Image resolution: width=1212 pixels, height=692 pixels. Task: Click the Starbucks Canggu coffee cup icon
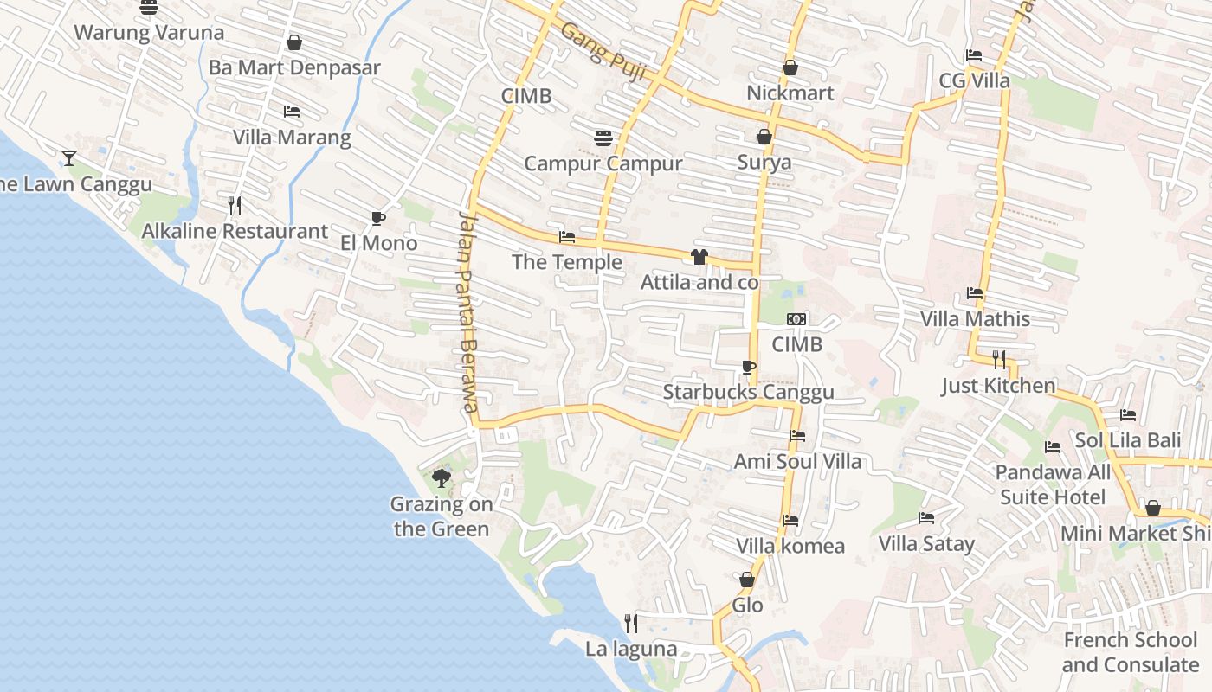[x=749, y=368]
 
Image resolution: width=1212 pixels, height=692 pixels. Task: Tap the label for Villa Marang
[x=292, y=138]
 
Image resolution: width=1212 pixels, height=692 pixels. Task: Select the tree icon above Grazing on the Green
[x=442, y=477]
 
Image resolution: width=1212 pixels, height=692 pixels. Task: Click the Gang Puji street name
[x=603, y=52]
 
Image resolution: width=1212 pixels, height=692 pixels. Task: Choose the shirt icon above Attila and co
[x=699, y=257]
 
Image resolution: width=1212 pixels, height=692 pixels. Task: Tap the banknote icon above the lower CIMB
[x=796, y=319]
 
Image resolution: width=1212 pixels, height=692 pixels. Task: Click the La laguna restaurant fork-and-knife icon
[x=631, y=623]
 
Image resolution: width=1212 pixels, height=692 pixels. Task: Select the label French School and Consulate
[x=1130, y=652]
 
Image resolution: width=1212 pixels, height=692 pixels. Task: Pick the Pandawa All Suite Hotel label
[x=1053, y=484]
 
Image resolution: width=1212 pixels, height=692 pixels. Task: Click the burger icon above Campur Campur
[x=603, y=138]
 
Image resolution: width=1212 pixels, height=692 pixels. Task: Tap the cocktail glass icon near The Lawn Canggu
[x=69, y=158]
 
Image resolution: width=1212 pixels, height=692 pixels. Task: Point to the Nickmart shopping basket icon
[x=790, y=67]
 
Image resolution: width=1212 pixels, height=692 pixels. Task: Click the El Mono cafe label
[x=378, y=243]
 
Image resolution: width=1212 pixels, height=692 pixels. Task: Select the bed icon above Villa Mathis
[x=975, y=293]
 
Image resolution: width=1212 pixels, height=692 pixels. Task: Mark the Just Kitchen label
[x=998, y=386]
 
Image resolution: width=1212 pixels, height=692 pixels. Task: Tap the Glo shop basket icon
[x=747, y=580]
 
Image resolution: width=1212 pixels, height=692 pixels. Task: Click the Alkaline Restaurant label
[x=235, y=232]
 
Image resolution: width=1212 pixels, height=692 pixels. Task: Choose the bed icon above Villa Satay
[x=926, y=518]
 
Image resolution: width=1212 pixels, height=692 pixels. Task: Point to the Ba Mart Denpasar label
[x=294, y=67]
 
